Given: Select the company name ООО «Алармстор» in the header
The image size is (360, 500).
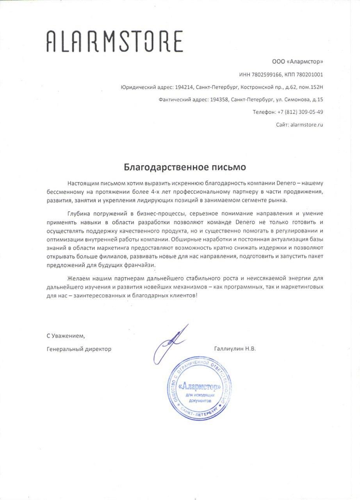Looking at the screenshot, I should click(298, 62).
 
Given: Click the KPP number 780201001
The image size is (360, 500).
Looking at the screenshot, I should click(310, 74).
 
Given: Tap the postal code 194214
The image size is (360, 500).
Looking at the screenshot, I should click(184, 87).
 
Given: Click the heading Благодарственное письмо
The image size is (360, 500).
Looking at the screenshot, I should click(185, 167).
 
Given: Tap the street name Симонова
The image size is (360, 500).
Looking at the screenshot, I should click(296, 99).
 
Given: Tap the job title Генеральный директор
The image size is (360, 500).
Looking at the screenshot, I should click(78, 349).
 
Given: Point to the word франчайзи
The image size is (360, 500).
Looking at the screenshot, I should click(140, 265).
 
